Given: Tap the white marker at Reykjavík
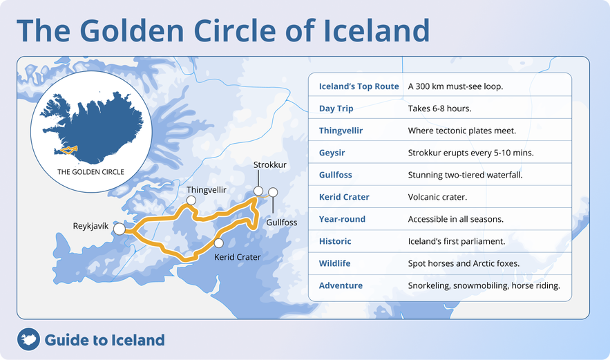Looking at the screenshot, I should pyautogui.click(x=120, y=229).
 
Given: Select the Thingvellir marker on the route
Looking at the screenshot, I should pyautogui.click(x=191, y=200).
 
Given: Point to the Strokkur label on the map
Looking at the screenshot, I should pyautogui.click(x=269, y=165).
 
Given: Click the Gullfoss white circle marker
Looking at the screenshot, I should pyautogui.click(x=273, y=192).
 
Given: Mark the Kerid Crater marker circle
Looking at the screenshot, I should pyautogui.click(x=219, y=243).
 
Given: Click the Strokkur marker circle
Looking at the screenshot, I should pyautogui.click(x=258, y=191).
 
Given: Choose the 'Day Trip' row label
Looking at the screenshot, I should pyautogui.click(x=336, y=108).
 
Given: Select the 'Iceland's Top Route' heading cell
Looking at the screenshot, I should pyautogui.click(x=359, y=86).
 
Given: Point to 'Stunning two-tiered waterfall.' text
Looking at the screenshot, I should pyautogui.click(x=465, y=175).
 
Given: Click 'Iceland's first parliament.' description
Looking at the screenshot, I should pyautogui.click(x=457, y=241).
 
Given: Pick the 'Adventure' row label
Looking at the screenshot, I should pyautogui.click(x=341, y=285).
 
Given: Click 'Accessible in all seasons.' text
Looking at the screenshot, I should pyautogui.click(x=455, y=219).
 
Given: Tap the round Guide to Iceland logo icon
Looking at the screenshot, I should pyautogui.click(x=28, y=339).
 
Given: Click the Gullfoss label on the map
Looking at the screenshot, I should pyautogui.click(x=282, y=222).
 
